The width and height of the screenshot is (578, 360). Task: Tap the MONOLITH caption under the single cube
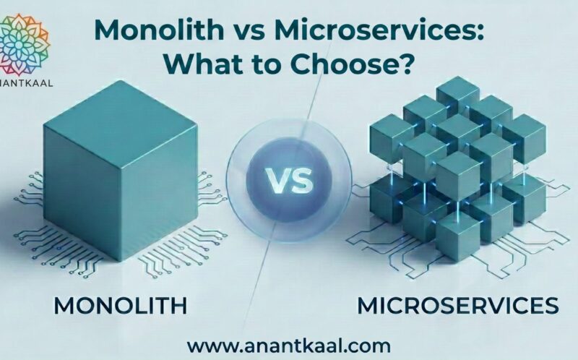point(120,305)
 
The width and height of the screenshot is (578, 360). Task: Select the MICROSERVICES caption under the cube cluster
point(458,305)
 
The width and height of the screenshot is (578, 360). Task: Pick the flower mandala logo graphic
point(24,43)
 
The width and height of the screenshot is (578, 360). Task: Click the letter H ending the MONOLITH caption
point(179,305)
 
